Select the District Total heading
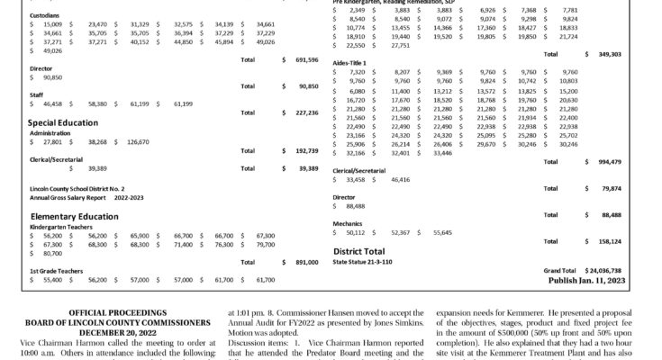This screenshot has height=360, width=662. coord(371,251)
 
